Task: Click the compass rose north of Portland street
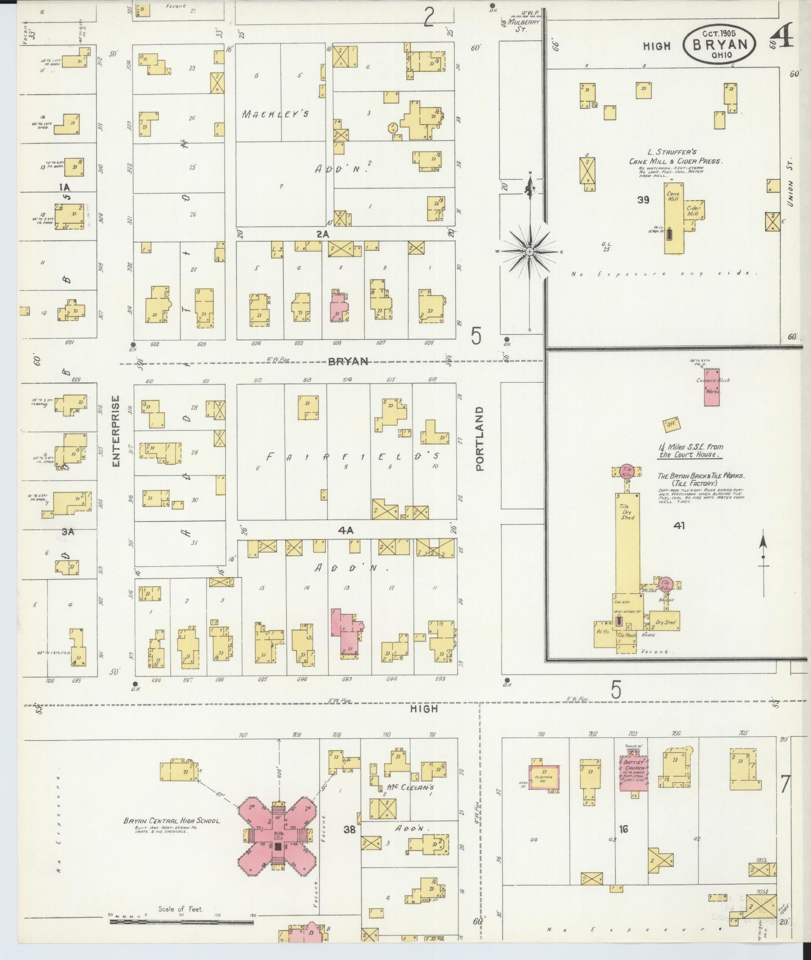(530, 252)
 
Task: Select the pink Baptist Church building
(633, 781)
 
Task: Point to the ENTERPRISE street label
(116, 431)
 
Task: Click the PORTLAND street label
(480, 438)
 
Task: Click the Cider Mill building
(693, 212)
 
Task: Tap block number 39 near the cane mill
(643, 200)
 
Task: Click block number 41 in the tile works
(679, 525)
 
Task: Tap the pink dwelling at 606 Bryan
(339, 305)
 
